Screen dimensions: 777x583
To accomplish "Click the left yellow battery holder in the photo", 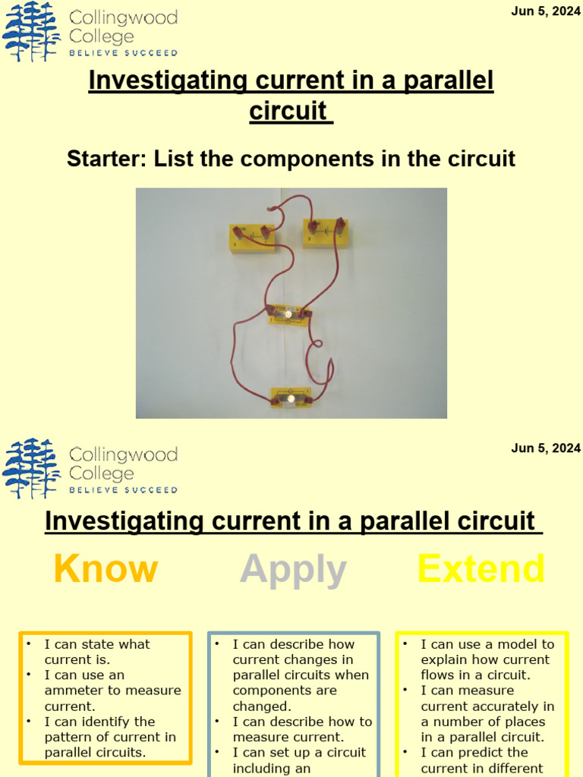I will coord(252,237).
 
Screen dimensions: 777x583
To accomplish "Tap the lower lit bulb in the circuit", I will coord(290,398).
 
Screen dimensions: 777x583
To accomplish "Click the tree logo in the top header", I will coord(31,32).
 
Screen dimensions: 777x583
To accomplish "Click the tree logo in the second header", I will coord(31,468).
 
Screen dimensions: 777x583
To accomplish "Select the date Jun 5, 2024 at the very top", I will coord(546,12).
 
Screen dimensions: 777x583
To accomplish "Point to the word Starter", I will coord(106,159).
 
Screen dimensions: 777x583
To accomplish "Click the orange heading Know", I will coord(106,569).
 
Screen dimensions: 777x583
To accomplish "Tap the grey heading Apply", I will coord(293,569).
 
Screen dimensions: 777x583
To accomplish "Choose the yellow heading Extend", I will coord(481,569).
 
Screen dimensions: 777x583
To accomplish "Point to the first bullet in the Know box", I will coord(27,644).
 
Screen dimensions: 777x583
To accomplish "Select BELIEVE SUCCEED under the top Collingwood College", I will coord(123,53).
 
